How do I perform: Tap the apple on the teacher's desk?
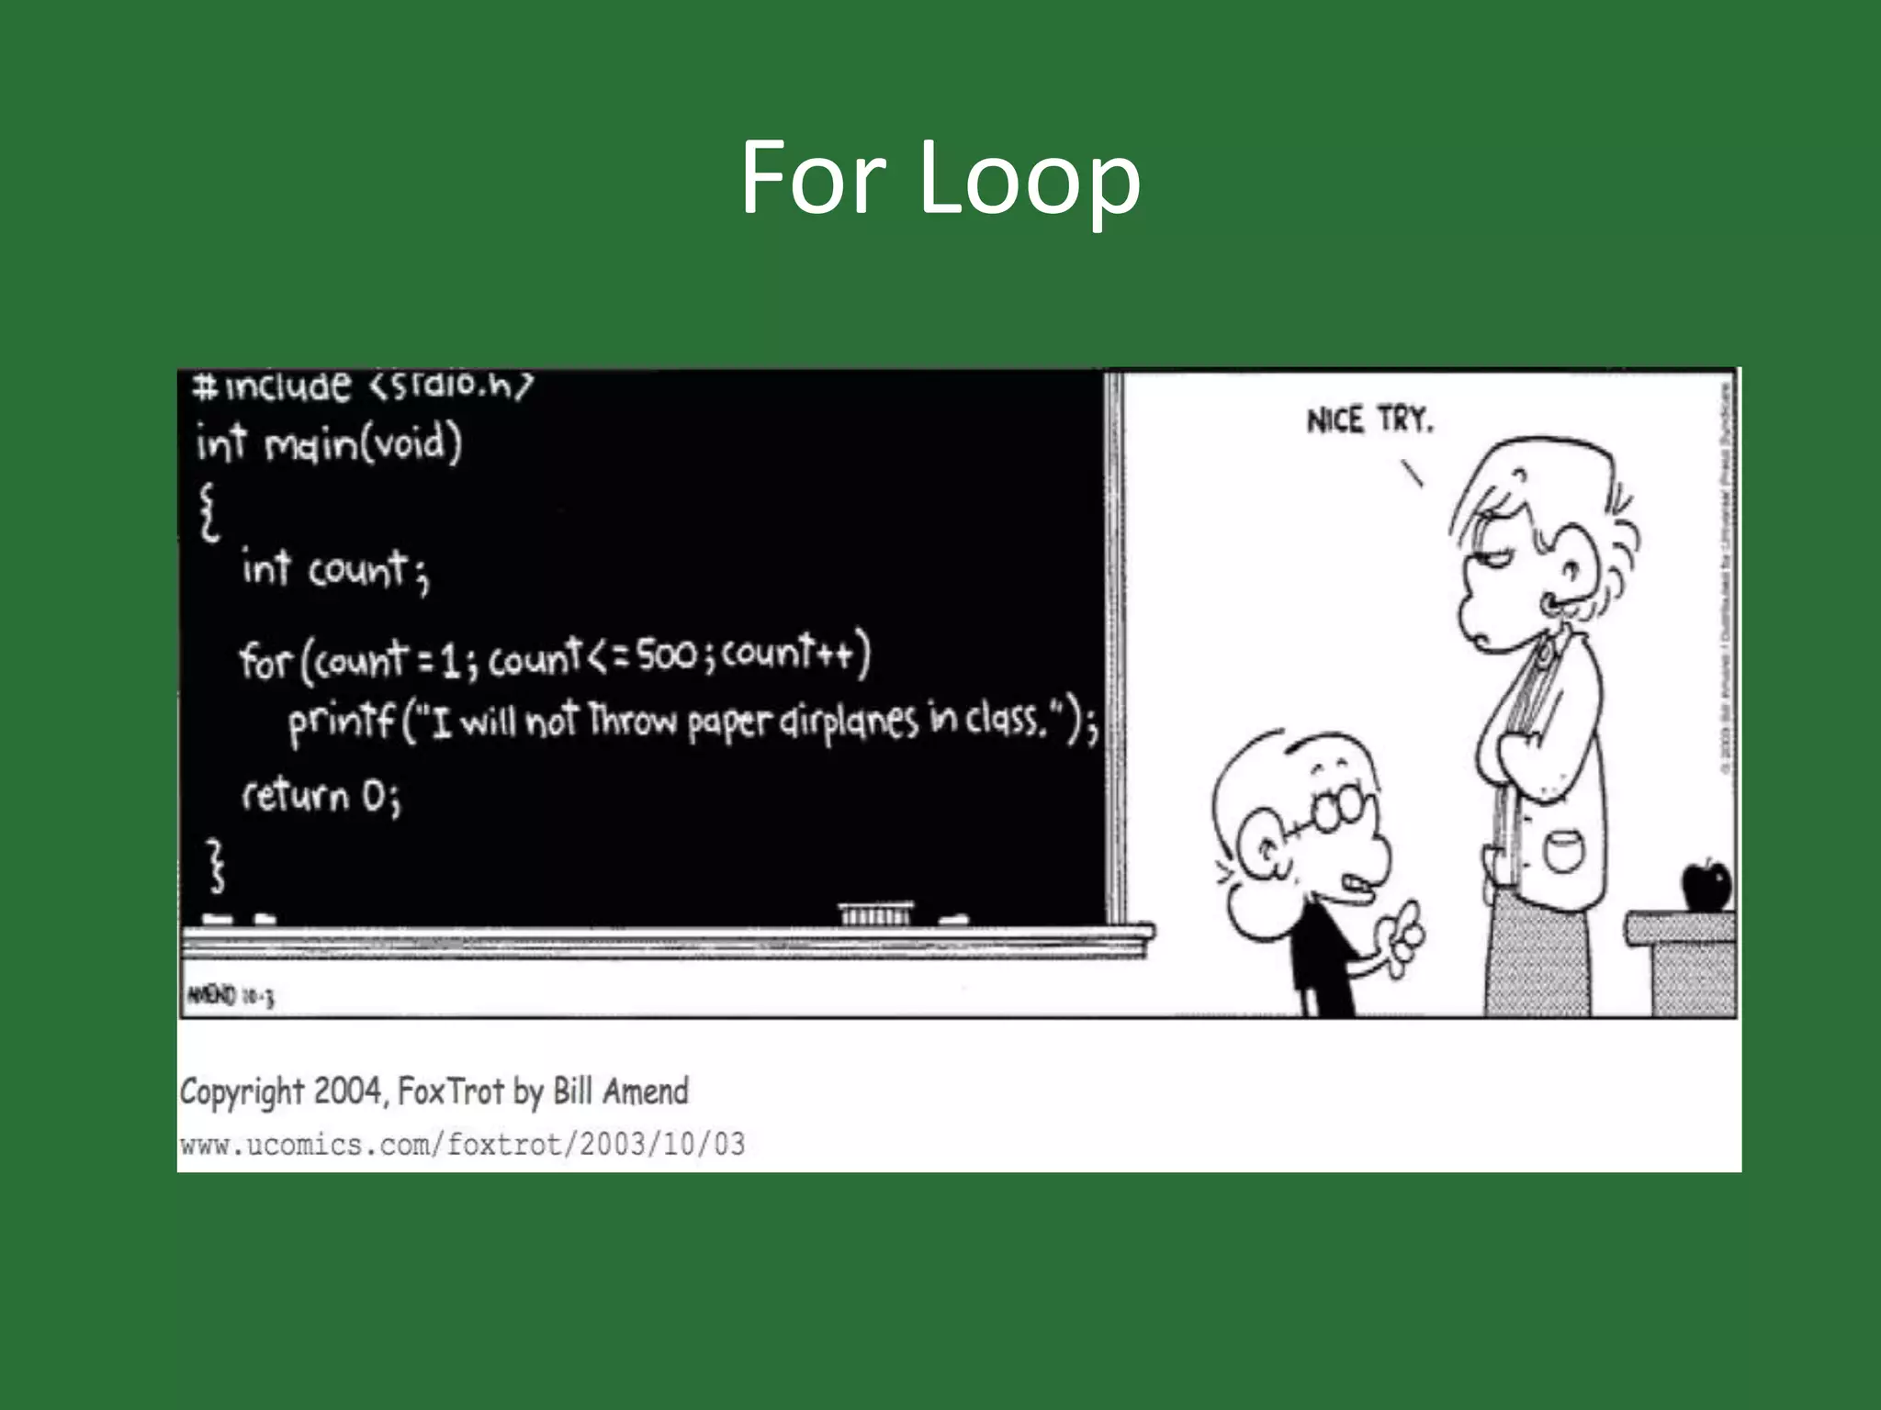[x=1706, y=885]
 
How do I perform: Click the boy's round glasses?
[x=1340, y=808]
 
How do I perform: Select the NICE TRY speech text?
[x=1369, y=421]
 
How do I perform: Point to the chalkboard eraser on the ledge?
[x=875, y=913]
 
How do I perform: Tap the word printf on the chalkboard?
[x=341, y=722]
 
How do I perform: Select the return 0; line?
[x=321, y=795]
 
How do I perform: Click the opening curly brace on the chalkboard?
[x=209, y=510]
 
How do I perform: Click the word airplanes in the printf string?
[x=849, y=722]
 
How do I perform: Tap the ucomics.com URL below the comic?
[x=462, y=1145]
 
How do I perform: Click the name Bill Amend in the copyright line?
[x=620, y=1091]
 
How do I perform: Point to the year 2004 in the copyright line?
[x=347, y=1091]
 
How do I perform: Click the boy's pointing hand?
[x=1402, y=937]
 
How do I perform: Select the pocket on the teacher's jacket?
[x=1562, y=850]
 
